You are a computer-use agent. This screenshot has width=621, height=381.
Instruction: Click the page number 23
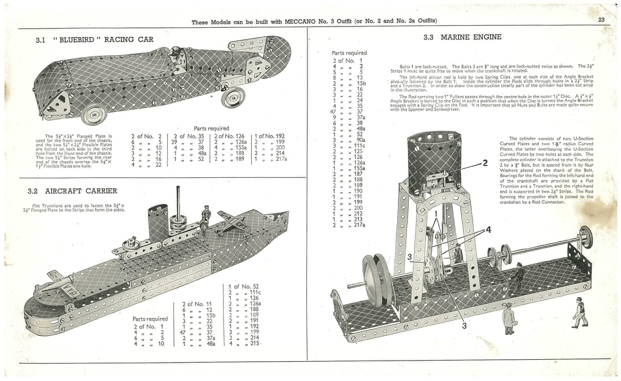(x=601, y=20)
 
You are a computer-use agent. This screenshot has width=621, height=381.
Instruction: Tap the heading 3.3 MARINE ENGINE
(x=462, y=37)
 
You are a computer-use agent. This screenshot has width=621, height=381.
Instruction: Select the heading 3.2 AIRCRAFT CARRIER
(x=72, y=191)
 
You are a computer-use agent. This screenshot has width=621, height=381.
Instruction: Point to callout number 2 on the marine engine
(x=485, y=163)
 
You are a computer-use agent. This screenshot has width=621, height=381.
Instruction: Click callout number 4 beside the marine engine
(x=488, y=230)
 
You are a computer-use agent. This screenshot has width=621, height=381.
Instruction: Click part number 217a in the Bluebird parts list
(x=281, y=159)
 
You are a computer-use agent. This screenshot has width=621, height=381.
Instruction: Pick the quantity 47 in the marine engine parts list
(x=333, y=112)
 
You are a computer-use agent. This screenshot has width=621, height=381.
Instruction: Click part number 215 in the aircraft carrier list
(x=254, y=343)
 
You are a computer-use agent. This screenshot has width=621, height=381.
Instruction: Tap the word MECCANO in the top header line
(x=300, y=21)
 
